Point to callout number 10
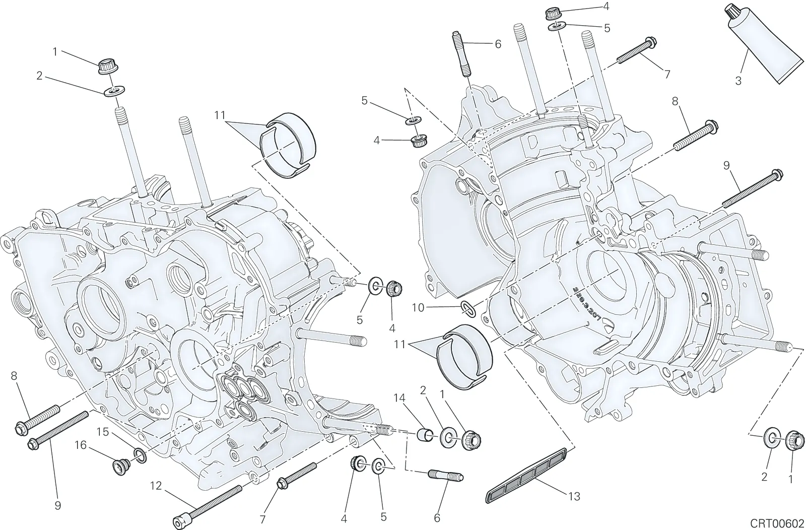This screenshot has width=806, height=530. point(419,308)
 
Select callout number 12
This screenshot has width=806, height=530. point(156,486)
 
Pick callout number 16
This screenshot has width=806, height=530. point(81,445)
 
